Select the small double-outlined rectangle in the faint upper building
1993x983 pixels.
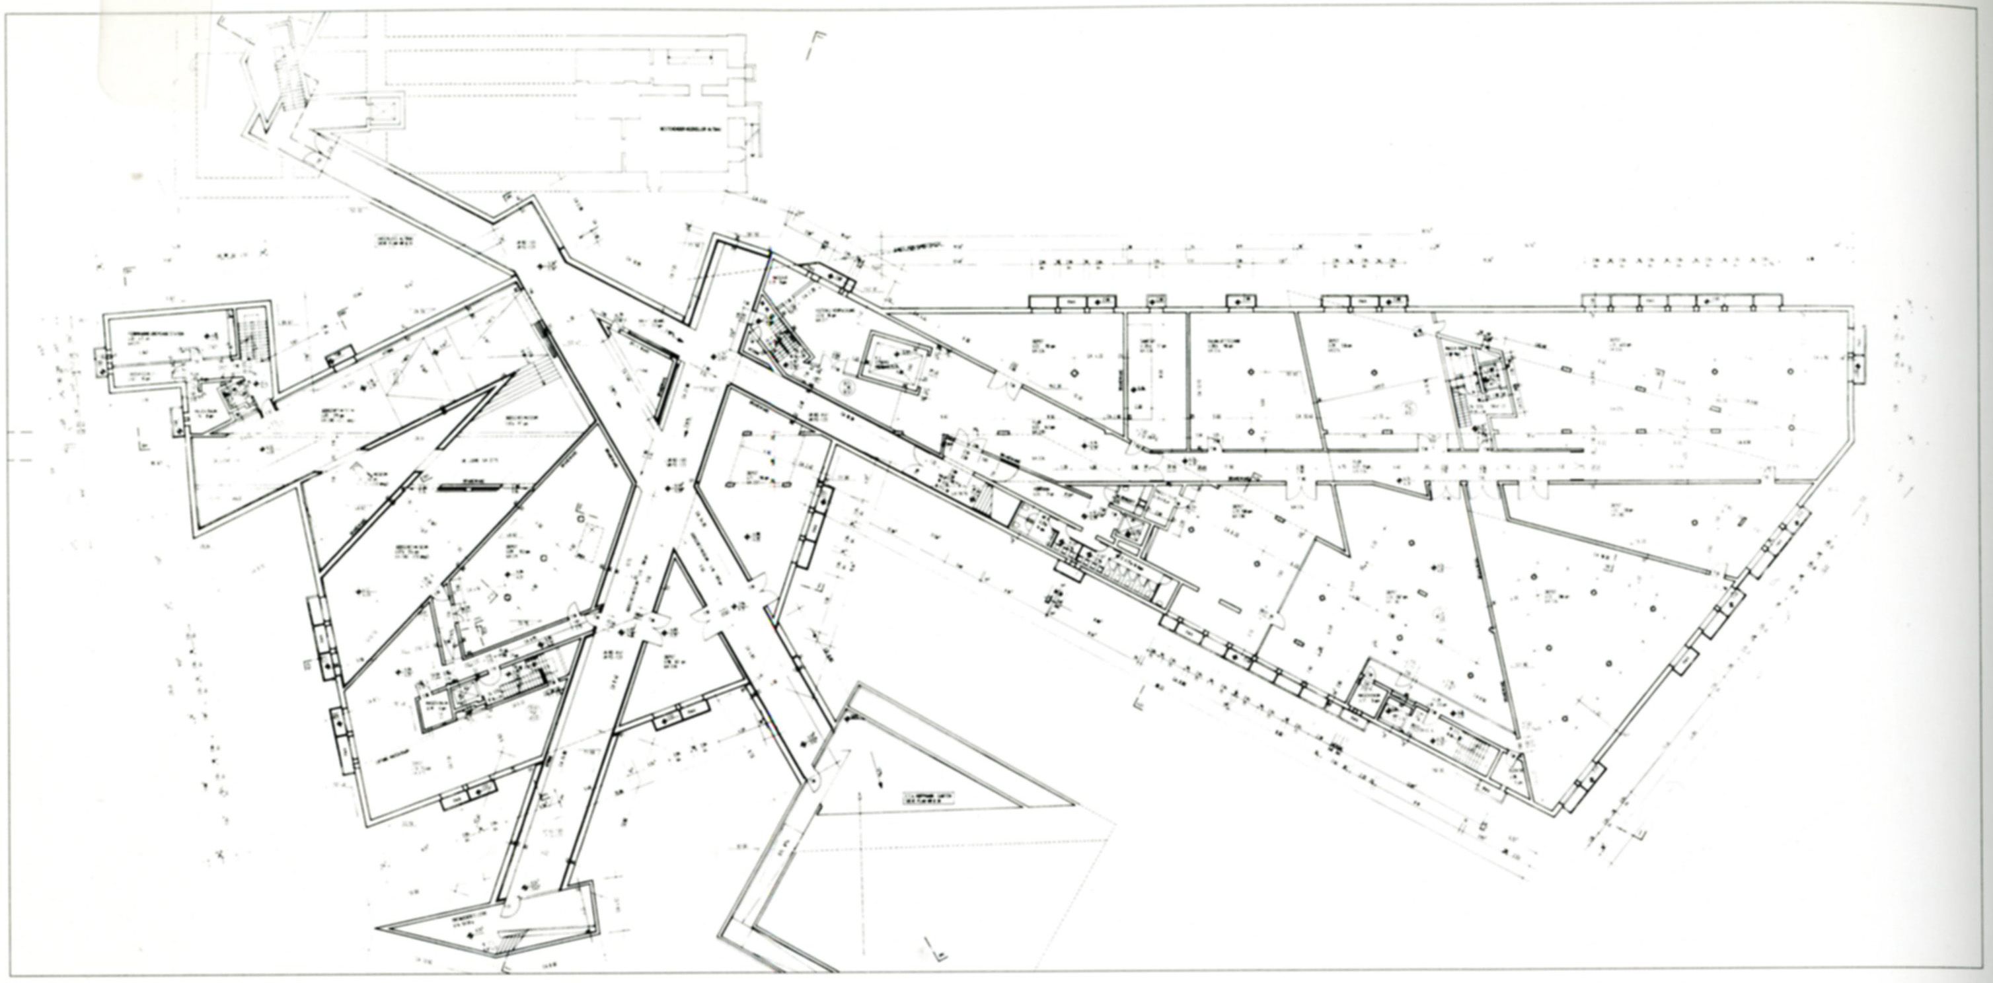pos(385,113)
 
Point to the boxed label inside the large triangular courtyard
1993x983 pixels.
pos(928,798)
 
